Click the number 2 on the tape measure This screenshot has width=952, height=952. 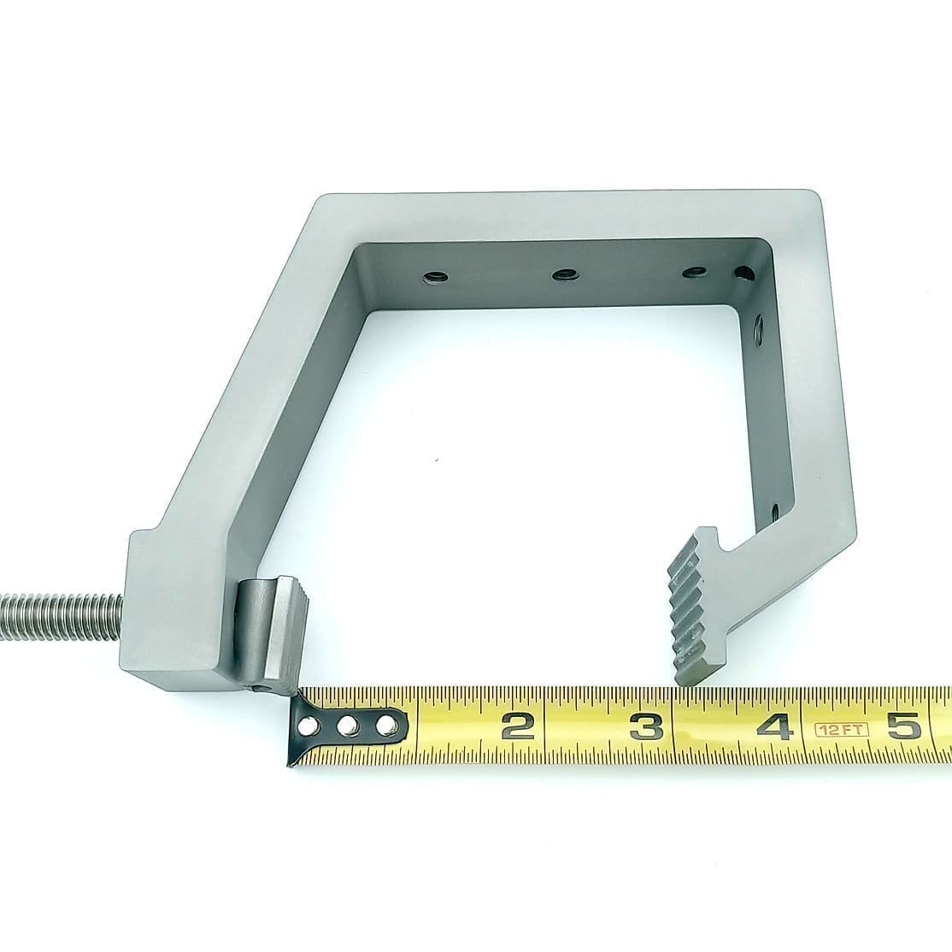coord(518,726)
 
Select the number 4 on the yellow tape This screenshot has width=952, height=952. coord(777,727)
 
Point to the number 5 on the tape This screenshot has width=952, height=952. coord(903,726)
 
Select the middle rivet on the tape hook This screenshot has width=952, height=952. coord(346,726)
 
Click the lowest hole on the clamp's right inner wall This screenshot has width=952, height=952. coord(774,511)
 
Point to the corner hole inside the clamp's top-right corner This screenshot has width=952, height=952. coord(744,274)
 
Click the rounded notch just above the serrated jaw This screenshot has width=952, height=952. coord(728,544)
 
